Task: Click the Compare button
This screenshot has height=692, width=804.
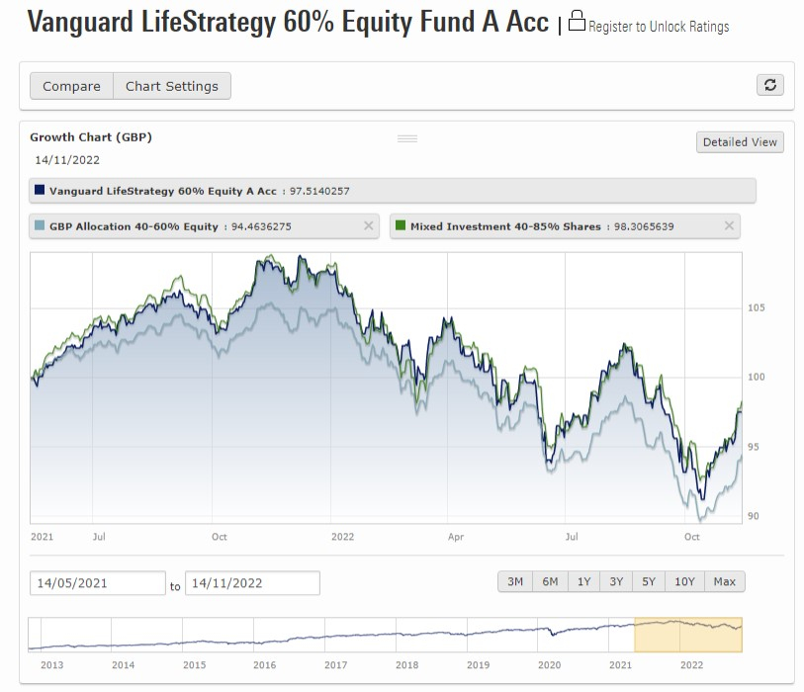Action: click(x=71, y=86)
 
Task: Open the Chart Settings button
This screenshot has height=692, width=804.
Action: click(x=172, y=86)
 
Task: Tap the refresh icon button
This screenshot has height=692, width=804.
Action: click(x=770, y=85)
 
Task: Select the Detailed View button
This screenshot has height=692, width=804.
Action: click(x=740, y=142)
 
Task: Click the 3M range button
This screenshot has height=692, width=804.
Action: click(x=515, y=581)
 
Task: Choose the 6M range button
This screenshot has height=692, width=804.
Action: click(x=550, y=581)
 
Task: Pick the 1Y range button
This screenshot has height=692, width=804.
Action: click(x=583, y=581)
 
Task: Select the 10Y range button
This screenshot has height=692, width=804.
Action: click(x=684, y=581)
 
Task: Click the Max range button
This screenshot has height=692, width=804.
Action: click(x=725, y=581)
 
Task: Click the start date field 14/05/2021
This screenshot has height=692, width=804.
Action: click(x=97, y=583)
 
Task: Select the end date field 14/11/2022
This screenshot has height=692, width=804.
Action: click(x=252, y=583)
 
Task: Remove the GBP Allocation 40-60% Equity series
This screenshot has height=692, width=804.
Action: click(x=369, y=226)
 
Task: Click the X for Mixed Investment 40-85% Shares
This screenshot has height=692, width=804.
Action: click(x=730, y=226)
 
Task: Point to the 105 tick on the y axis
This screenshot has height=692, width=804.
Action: click(x=757, y=308)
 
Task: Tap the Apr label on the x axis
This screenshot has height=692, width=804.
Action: click(x=455, y=537)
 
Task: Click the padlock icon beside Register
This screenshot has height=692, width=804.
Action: click(x=577, y=21)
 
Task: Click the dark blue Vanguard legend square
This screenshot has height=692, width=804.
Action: click(x=40, y=190)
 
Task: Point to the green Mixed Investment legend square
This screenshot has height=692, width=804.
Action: click(x=401, y=226)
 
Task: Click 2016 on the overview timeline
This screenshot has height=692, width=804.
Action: click(x=264, y=665)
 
